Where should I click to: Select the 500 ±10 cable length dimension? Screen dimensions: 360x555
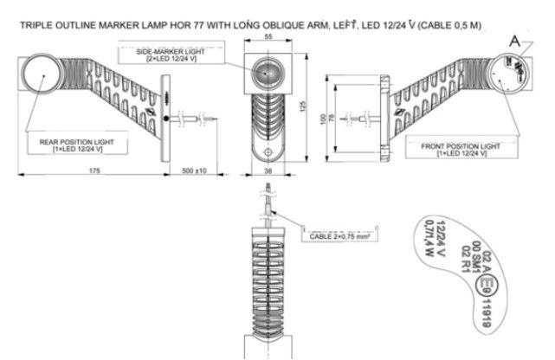[x=195, y=172]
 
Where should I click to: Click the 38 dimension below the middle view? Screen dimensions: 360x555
[x=268, y=172]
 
